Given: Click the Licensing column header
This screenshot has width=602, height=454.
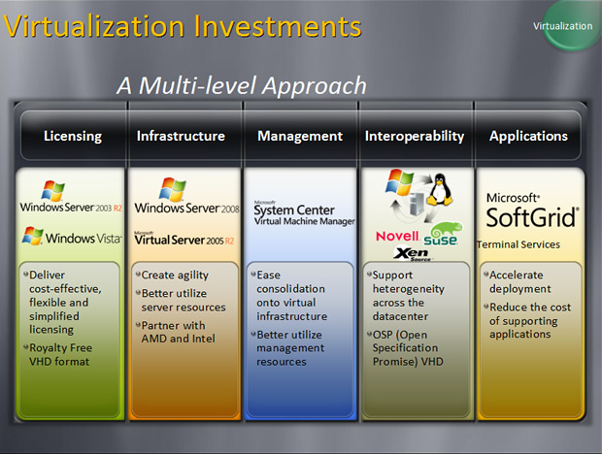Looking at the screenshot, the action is click(x=73, y=136).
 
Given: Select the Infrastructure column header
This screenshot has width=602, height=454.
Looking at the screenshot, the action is click(x=181, y=136).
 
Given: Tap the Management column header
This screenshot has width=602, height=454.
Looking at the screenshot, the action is click(x=300, y=136).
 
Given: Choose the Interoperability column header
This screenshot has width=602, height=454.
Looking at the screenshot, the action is click(x=415, y=136).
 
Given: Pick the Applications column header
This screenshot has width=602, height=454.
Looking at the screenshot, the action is click(x=528, y=136).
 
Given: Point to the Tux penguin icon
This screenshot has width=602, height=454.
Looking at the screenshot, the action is click(x=440, y=189).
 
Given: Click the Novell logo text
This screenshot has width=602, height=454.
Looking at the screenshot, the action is click(x=397, y=236).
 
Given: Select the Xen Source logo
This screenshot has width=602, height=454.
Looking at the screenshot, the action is click(x=413, y=254).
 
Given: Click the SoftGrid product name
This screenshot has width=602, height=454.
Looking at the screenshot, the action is click(x=532, y=217).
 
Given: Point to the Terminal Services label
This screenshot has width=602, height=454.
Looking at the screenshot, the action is click(x=518, y=244).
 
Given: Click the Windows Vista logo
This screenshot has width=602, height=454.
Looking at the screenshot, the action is click(x=72, y=236).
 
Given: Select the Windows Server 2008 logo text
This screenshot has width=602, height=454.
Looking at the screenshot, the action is click(x=186, y=209).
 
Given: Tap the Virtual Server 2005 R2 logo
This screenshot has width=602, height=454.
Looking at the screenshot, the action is click(x=184, y=239).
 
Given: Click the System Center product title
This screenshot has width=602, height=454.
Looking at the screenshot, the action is click(x=293, y=210).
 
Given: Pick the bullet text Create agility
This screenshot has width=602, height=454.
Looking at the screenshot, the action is click(x=175, y=275).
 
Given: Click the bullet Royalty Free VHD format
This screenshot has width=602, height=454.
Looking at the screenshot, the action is click(x=60, y=355).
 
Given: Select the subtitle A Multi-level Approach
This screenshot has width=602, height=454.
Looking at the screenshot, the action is click(x=242, y=85).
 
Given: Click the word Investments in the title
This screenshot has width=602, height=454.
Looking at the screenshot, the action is click(x=277, y=26).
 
